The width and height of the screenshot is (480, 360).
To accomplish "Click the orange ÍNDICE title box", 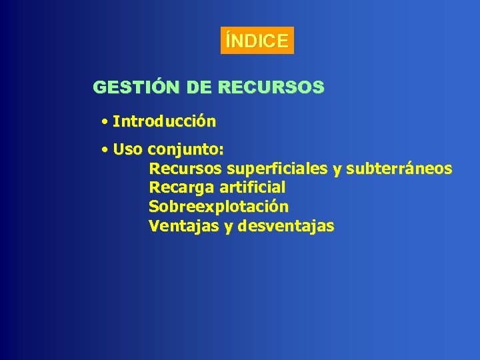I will (x=257, y=41).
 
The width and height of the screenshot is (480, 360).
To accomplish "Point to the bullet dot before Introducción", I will (x=105, y=122).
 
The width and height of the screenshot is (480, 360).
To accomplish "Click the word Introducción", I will (x=165, y=121).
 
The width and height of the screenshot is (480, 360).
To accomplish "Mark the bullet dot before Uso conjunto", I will (x=105, y=150).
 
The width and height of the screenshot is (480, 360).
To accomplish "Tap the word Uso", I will (x=128, y=150).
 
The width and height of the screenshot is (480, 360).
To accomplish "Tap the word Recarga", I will (x=181, y=188).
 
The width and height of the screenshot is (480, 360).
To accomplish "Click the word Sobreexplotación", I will (x=219, y=207).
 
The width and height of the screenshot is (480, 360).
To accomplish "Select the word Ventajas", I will (x=184, y=226).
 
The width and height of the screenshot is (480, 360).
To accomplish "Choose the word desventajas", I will (x=286, y=226).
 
